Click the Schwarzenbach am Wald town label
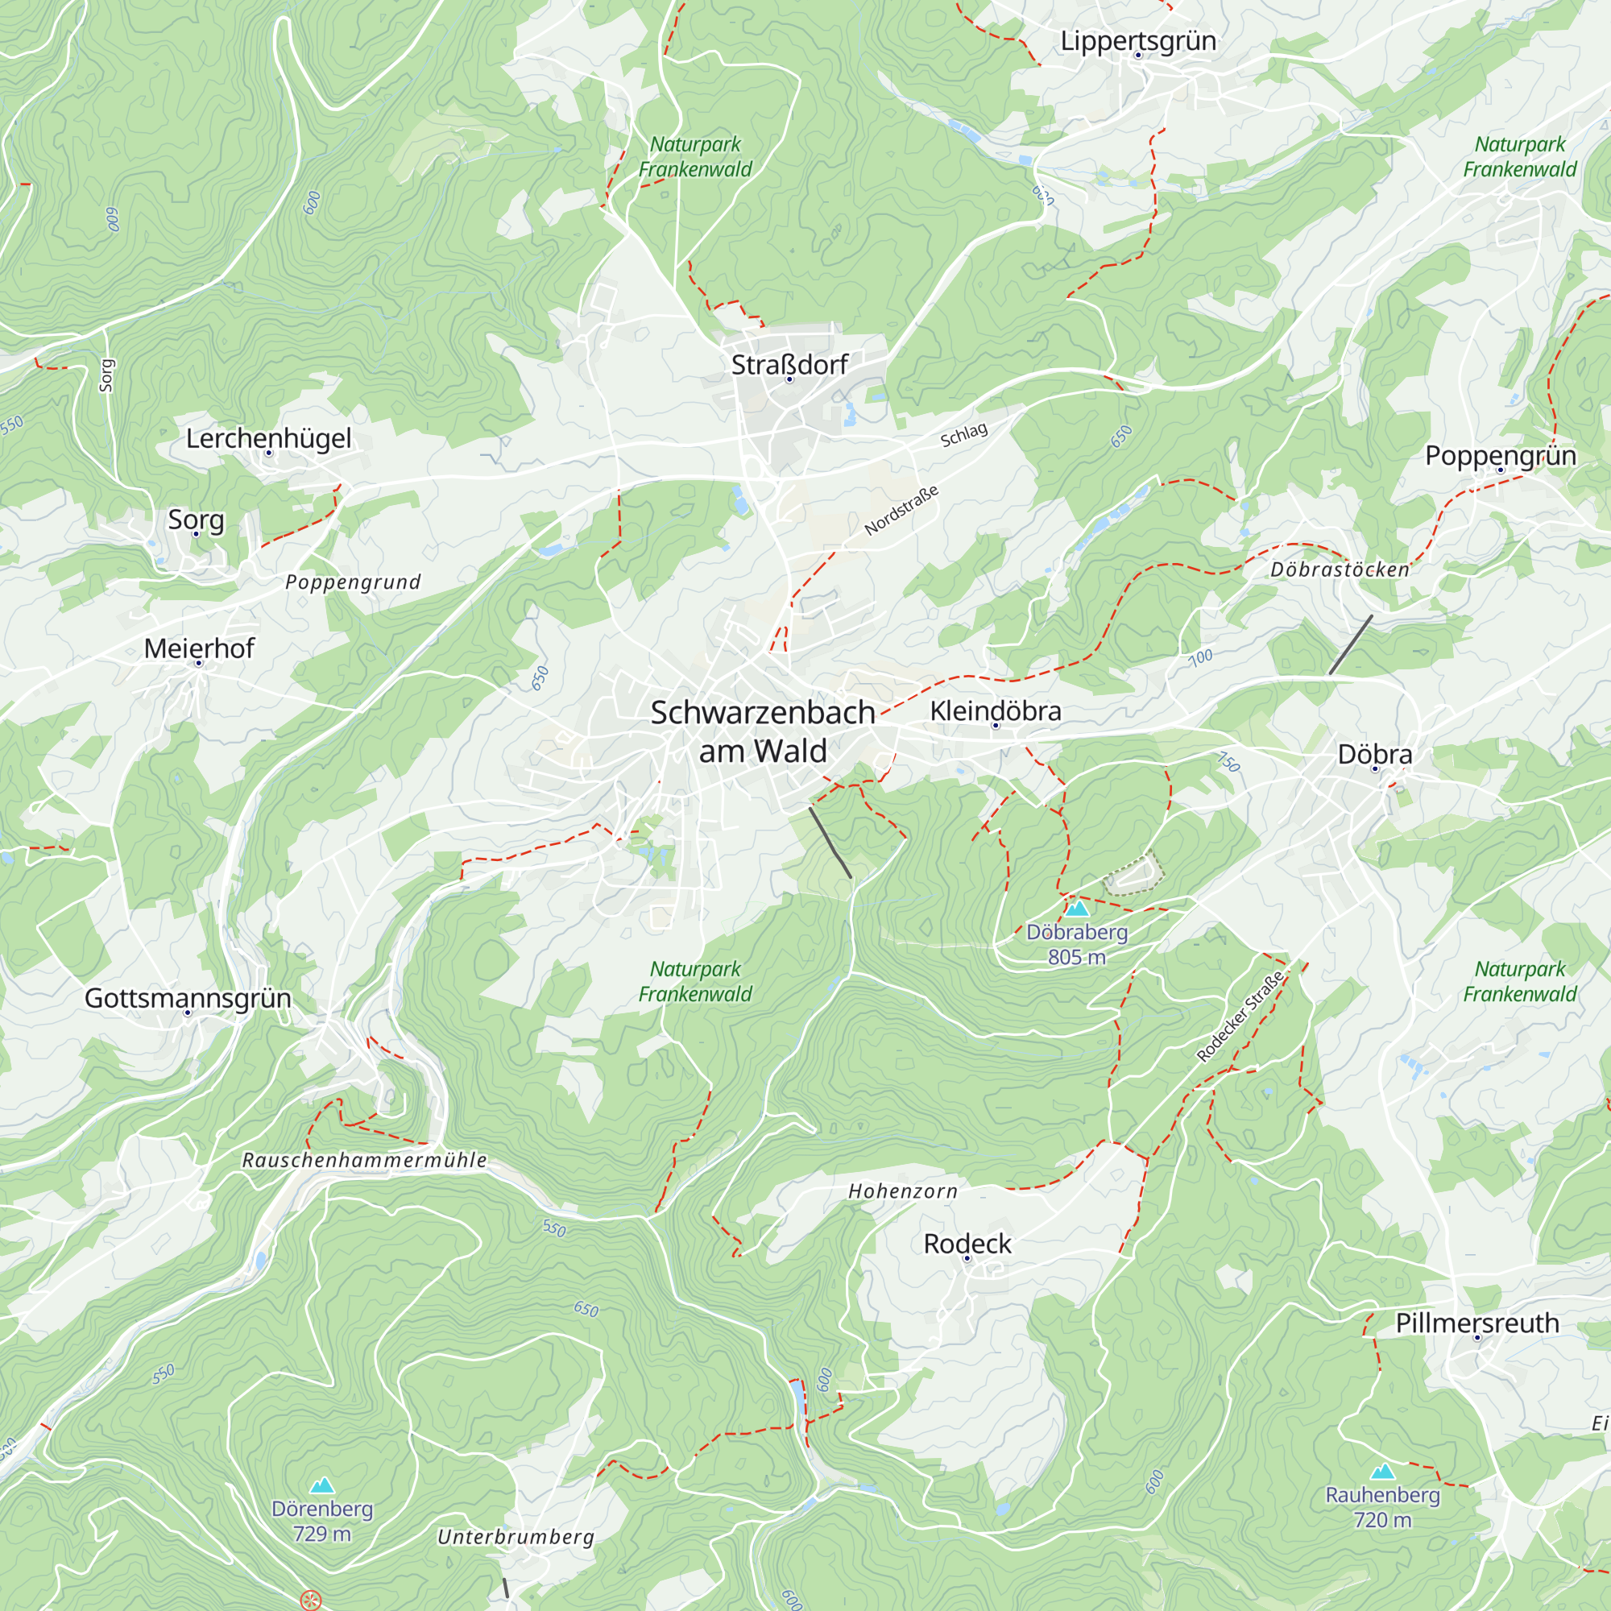pyautogui.click(x=762, y=732)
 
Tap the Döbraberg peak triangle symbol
pyautogui.click(x=1076, y=908)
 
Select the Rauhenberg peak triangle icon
pyautogui.click(x=1382, y=1471)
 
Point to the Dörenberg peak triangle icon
pyautogui.click(x=322, y=1485)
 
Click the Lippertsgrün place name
pyautogui.click(x=1137, y=41)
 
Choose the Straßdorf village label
pyautogui.click(x=789, y=364)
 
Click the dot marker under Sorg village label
pyautogui.click(x=196, y=534)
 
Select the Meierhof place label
pyautogui.click(x=198, y=648)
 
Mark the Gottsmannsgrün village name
pyautogui.click(x=188, y=997)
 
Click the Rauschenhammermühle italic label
pyautogui.click(x=364, y=1160)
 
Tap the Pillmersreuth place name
pyautogui.click(x=1476, y=1323)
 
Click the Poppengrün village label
pyautogui.click(x=1500, y=455)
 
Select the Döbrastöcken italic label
pyautogui.click(x=1340, y=569)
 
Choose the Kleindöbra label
pyautogui.click(x=995, y=710)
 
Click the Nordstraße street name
pyautogui.click(x=901, y=510)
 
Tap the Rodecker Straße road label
pyautogui.click(x=1239, y=1017)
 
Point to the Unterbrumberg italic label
pyautogui.click(x=516, y=1537)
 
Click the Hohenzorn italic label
pyautogui.click(x=902, y=1191)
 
